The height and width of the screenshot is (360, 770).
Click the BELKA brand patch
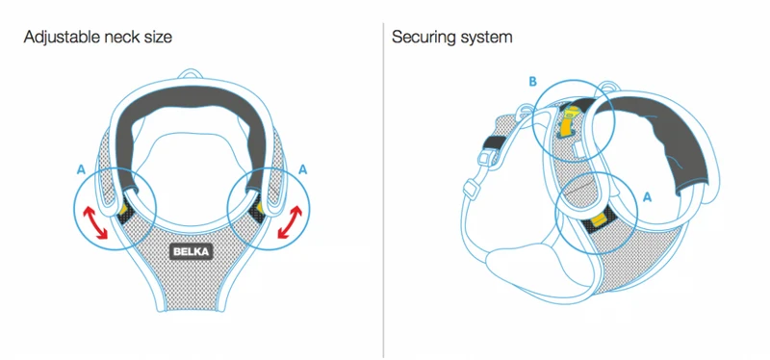192,252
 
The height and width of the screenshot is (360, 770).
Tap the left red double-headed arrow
94,222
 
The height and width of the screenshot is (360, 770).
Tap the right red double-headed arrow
290,222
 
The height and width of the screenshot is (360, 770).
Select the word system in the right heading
487,39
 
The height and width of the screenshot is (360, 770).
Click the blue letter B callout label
533,82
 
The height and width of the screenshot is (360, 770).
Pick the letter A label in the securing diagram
647,197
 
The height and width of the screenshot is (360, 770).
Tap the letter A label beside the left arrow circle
81,170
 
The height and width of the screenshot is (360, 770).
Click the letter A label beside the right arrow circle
303,170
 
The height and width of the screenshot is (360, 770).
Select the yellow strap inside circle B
568,121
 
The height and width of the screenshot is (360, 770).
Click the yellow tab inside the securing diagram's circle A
597,219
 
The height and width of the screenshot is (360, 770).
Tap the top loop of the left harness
191,74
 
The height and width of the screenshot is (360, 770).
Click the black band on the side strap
493,142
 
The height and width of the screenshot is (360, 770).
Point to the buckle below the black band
484,159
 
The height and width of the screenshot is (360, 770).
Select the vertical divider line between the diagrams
383,190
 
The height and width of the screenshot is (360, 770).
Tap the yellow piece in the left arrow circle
123,209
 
